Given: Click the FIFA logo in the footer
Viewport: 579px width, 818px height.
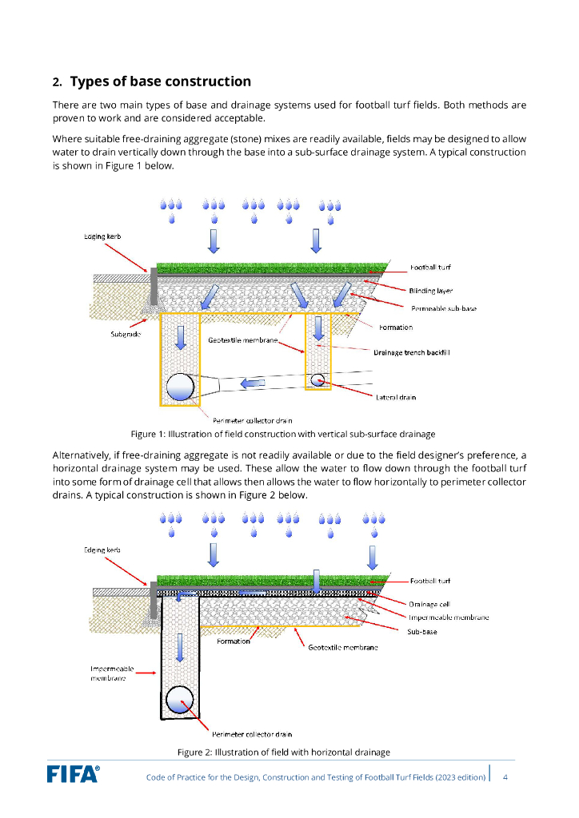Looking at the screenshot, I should coord(73,773).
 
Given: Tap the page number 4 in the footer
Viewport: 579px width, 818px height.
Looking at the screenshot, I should coord(505,776).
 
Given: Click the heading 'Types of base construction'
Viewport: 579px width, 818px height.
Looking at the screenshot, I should coord(160,81).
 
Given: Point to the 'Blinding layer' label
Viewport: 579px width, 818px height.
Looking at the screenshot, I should coord(431,291).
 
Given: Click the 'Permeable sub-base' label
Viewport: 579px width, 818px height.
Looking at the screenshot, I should coord(444,308).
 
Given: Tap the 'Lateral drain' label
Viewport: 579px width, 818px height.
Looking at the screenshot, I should coord(396,397).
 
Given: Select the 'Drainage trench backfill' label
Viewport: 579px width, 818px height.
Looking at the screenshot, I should coord(412,352).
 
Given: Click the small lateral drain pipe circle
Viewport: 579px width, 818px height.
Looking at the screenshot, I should coord(317,380).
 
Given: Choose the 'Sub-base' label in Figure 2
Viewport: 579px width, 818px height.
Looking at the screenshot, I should coord(422,631).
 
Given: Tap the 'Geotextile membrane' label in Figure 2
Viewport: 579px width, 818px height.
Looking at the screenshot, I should coord(343,647).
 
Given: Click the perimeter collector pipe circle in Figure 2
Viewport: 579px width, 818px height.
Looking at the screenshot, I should coord(180,701).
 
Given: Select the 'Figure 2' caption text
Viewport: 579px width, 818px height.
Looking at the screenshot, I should coord(283,752).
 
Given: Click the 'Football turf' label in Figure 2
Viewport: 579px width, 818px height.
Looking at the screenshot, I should coord(430,581).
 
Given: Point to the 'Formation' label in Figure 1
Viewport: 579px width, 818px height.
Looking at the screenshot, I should coord(396,328).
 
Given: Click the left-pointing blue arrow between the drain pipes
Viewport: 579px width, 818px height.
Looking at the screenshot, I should coord(254,384).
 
